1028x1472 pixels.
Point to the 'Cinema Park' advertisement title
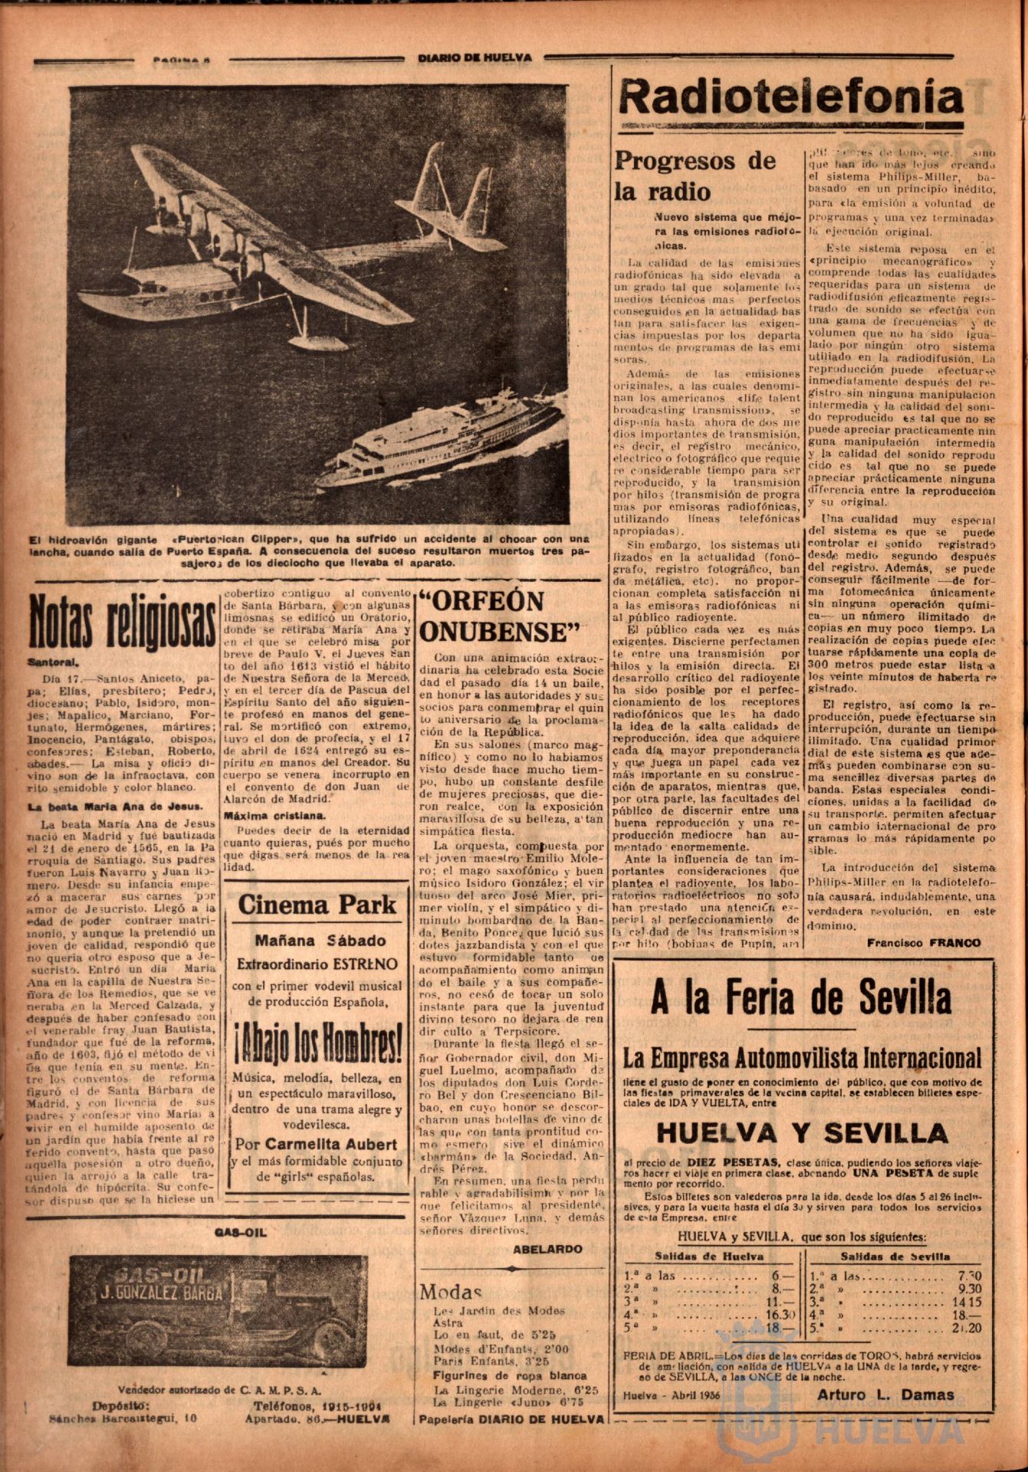tap(317, 904)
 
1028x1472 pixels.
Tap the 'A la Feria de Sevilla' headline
tap(800, 997)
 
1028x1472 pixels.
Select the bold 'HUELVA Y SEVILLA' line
tap(802, 1133)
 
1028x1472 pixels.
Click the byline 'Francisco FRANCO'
tap(924, 943)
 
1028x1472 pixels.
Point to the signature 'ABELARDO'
tap(547, 1248)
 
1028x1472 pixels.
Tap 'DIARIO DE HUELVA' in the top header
tap(475, 58)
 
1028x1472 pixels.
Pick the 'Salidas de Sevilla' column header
tap(895, 1256)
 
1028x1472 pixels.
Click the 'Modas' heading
tap(450, 1291)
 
